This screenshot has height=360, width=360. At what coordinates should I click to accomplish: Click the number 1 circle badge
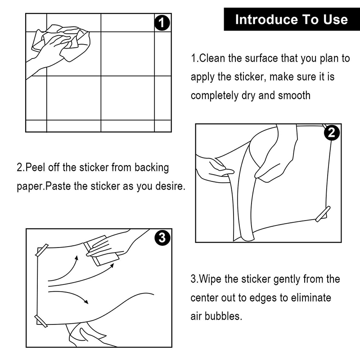[x=162, y=22]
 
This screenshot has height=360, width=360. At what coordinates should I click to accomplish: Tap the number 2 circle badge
[x=332, y=132]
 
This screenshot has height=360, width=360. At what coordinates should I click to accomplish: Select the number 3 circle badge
[x=162, y=237]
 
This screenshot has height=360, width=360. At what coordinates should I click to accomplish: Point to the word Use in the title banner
[x=336, y=19]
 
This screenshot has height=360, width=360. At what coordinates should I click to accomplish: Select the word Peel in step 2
[x=35, y=167]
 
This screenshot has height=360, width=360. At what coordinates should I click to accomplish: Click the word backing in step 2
[x=152, y=168]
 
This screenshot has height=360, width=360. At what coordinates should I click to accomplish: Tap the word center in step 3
[x=204, y=298]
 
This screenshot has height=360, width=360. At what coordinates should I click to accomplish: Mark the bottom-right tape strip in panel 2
[x=323, y=214]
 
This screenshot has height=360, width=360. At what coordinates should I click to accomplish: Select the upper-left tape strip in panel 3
[x=42, y=250]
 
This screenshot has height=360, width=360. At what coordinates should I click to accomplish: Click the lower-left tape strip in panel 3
[x=41, y=321]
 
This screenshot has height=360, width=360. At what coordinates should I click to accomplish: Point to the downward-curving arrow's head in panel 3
[x=86, y=301]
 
